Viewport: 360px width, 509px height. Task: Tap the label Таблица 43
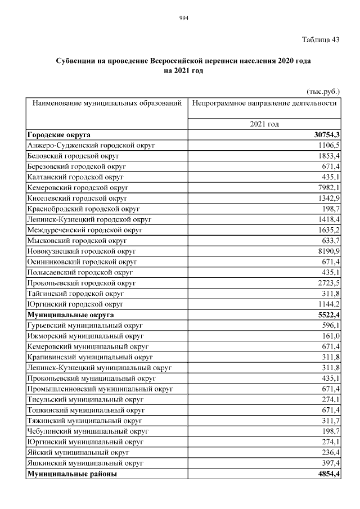point(321,40)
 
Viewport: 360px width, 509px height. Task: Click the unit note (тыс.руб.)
point(323,91)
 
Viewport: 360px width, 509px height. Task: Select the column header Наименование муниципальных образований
point(107,103)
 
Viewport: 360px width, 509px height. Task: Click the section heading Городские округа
point(58,135)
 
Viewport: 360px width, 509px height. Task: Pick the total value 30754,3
point(325,135)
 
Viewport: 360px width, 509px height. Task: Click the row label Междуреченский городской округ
point(85,230)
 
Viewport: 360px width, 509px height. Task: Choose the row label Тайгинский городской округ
point(75,294)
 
